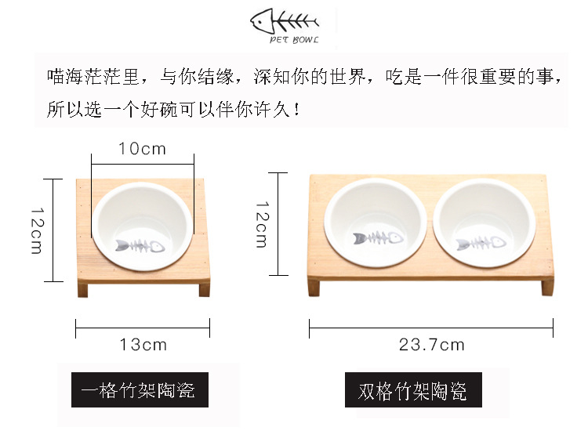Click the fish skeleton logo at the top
pos(285,21)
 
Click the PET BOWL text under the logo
pos(294,40)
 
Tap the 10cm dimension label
pos(142,149)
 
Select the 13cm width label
pos(143,345)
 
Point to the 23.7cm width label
pos(432,345)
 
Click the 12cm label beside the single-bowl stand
pos(37,231)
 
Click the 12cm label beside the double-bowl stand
pos(262,224)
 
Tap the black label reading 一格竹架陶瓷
pos(140,389)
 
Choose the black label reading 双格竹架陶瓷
pos(413,389)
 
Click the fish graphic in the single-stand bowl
pos(140,246)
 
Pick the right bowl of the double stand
pos(485,223)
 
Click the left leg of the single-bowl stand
pos(82,289)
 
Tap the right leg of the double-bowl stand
pos(547,287)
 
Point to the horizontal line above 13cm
pos(143,328)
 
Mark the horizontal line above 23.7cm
pos(431,328)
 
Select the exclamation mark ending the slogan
pos(297,109)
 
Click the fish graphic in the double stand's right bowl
pos(481,243)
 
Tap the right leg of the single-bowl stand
pos(205,288)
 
